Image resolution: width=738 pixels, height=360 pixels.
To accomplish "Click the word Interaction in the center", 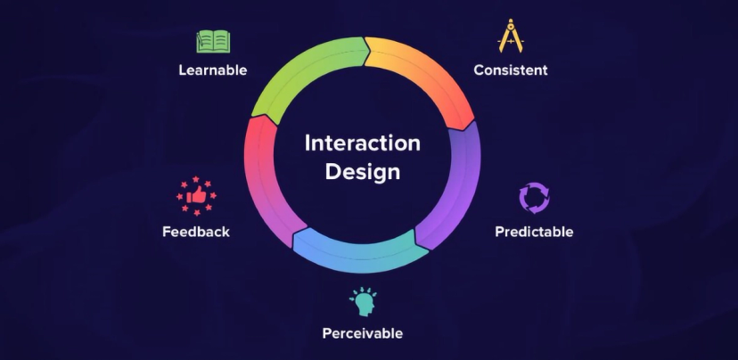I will [x=362, y=143].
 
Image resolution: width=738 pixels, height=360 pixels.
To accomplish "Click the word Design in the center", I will [x=362, y=172].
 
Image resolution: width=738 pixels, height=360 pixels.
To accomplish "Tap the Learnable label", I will [x=212, y=70].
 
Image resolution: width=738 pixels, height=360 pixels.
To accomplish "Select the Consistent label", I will [x=510, y=70].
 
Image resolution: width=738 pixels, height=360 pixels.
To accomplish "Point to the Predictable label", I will [x=534, y=232].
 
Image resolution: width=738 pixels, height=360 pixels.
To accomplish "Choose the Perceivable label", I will [x=362, y=333].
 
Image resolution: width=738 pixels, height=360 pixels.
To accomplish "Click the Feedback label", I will [x=196, y=232].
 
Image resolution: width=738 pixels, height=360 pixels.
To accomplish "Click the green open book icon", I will [x=213, y=41].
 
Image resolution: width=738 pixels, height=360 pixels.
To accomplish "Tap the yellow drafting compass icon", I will [x=510, y=37].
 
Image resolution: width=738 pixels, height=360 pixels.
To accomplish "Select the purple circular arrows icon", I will [x=534, y=198].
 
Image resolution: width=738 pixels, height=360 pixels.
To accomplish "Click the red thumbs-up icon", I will [x=197, y=195].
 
